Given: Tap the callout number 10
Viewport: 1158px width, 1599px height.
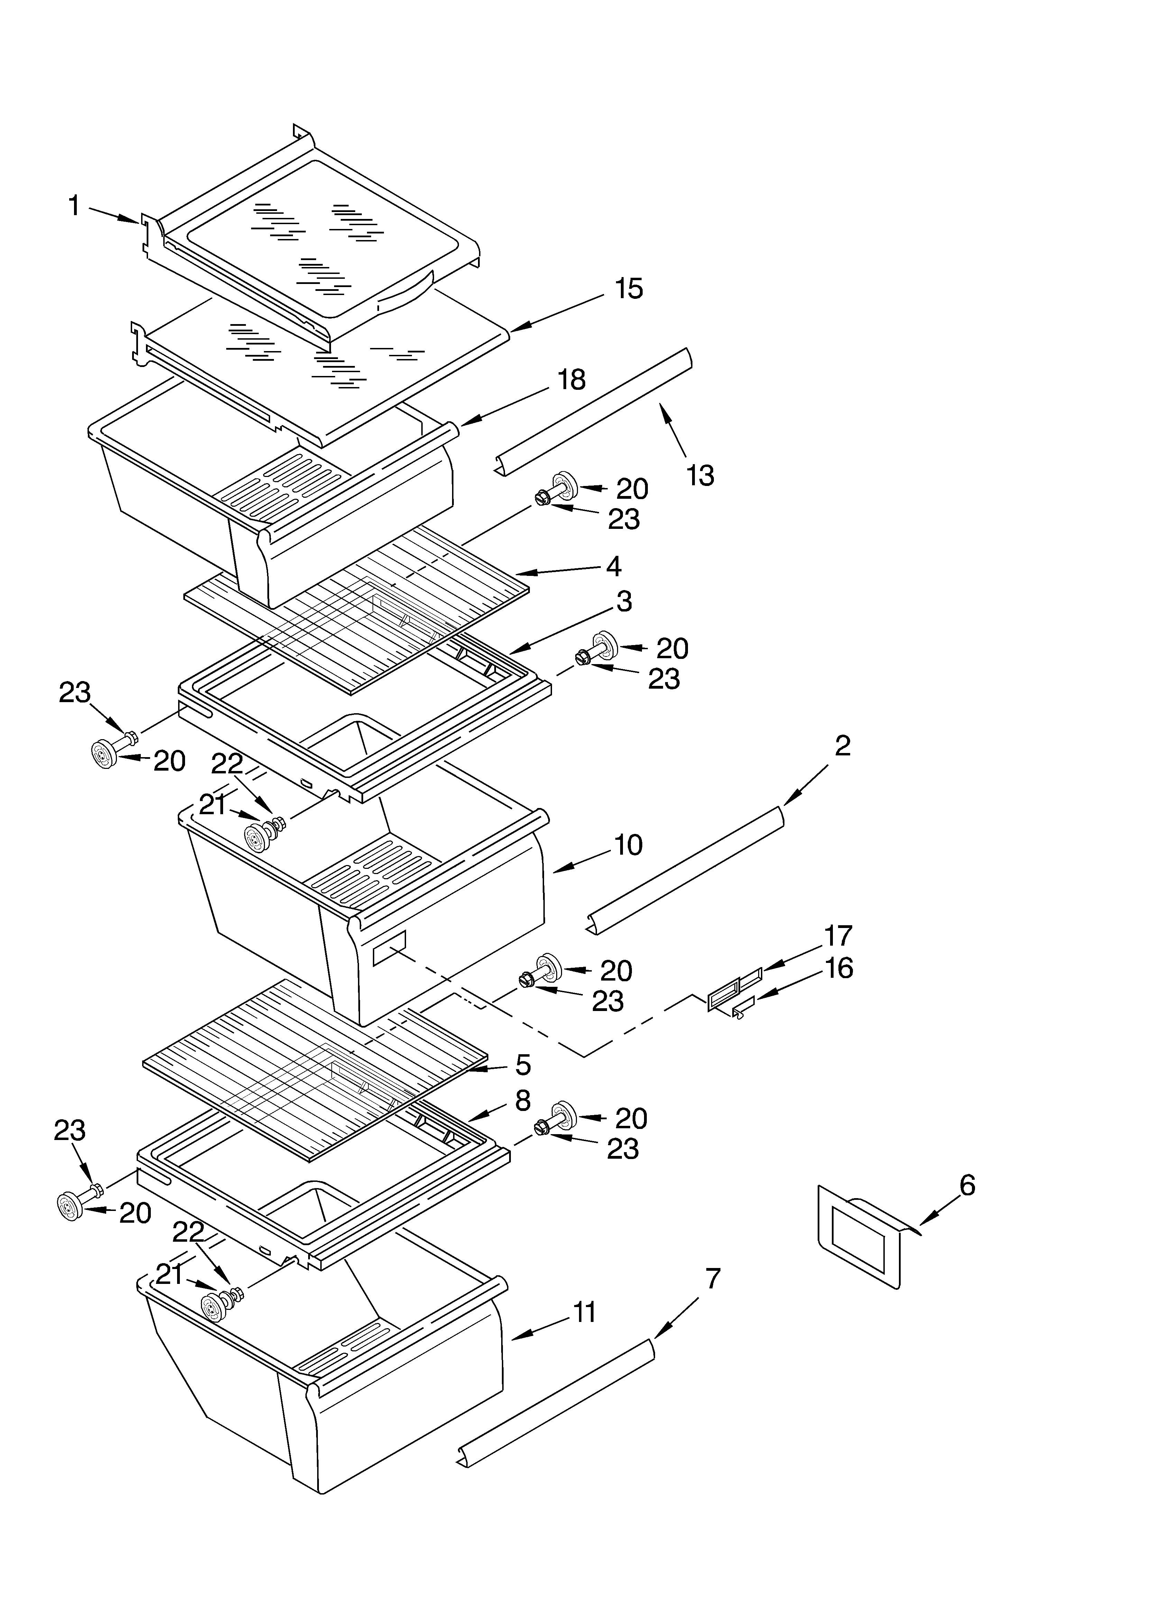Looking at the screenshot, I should (628, 845).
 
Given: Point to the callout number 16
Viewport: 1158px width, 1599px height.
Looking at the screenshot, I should (838, 968).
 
